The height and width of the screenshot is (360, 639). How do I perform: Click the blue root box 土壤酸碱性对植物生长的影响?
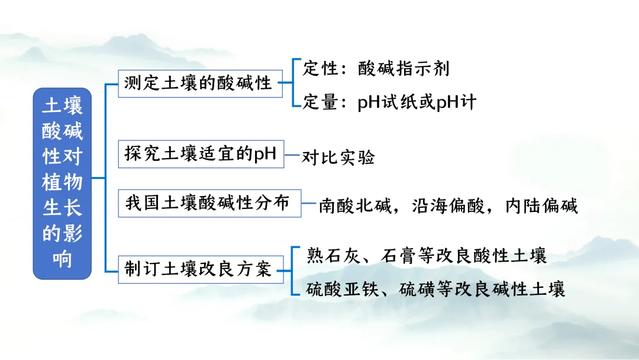pos(62,184)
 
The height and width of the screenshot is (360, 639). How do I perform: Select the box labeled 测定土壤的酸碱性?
pos(198,83)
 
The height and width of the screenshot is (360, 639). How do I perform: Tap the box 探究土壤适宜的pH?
pos(201,154)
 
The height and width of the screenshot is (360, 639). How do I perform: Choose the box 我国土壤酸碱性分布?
pos(208,203)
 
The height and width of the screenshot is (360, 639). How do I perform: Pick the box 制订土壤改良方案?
pos(198,269)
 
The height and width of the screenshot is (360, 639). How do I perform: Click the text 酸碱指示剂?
pos(404,69)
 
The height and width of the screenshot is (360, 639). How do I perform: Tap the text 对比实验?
pos(338,157)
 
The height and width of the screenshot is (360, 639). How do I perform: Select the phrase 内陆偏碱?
pos(541,206)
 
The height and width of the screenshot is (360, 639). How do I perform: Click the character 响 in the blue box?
pos(62,259)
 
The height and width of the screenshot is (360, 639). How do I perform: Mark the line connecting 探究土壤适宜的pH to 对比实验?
pos(292,156)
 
